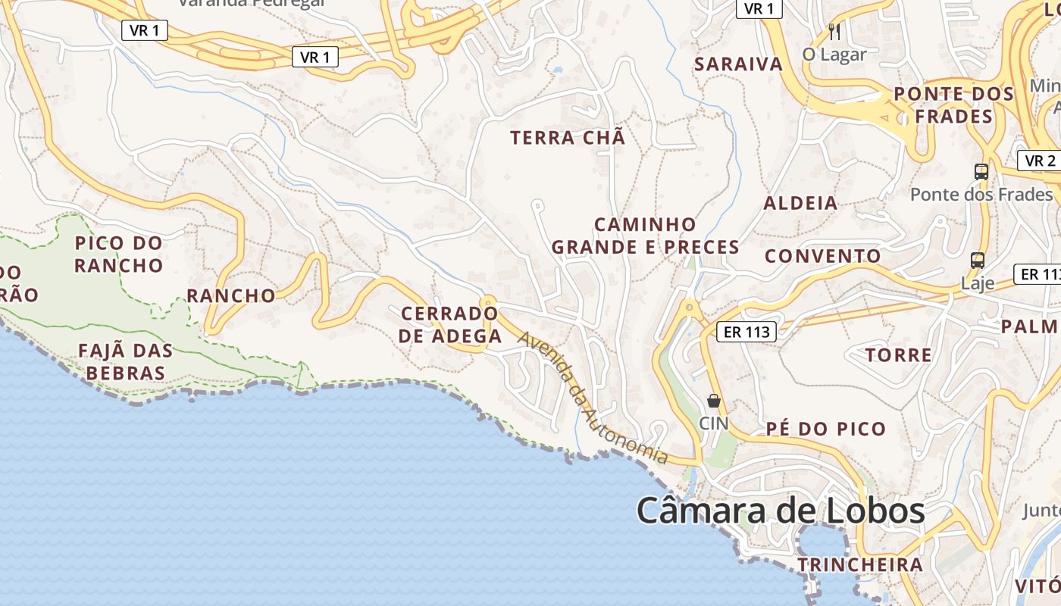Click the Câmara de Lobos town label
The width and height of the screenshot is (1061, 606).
780,511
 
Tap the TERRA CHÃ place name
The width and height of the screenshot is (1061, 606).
568,138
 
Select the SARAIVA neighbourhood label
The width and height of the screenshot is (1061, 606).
738,64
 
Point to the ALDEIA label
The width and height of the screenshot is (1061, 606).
800,203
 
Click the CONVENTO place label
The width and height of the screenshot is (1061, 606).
823,256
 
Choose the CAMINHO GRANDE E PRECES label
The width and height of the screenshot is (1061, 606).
645,236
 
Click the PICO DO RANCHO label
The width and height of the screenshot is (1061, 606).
119,255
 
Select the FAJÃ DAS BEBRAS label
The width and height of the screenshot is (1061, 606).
126,362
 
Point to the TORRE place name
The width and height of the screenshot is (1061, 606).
898,355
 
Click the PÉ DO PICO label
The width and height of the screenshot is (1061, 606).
825,429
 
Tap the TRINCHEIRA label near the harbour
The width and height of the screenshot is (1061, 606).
860,564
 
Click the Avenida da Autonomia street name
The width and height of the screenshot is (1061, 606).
593,398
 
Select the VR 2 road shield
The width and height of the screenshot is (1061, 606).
1040,161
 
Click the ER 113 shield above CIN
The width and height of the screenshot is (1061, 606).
746,331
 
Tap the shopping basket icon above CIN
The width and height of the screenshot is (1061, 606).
713,401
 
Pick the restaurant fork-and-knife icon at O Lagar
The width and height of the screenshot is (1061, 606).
834,32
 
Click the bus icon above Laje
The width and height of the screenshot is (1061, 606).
978,261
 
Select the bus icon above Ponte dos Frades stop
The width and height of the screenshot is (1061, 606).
981,171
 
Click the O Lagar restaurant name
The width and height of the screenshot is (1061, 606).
834,55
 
